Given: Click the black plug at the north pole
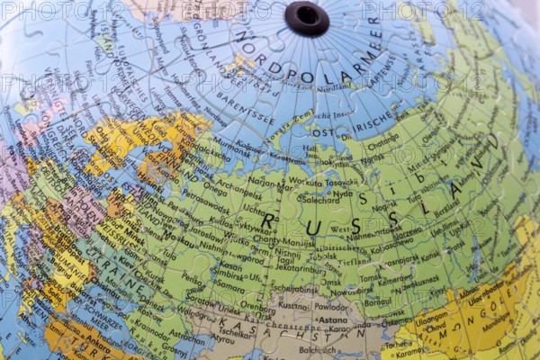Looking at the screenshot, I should (306, 17).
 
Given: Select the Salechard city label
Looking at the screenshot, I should (320, 199).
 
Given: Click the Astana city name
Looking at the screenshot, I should (333, 319).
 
